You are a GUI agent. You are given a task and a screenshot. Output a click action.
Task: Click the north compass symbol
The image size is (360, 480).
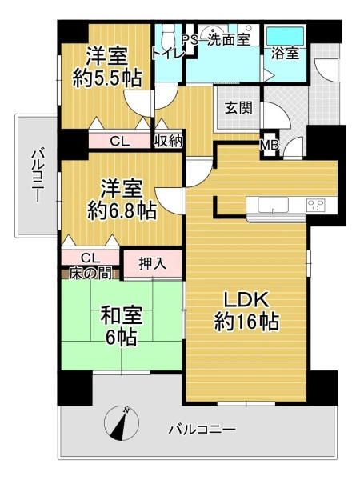pyautogui.click(x=122, y=423)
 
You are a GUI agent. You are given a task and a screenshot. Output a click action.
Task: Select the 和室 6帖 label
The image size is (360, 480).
pyautogui.click(x=122, y=326)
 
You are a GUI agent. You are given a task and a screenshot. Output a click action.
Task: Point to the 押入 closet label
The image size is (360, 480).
pyautogui.click(x=153, y=263)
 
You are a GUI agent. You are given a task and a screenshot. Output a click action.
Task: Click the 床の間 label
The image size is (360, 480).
pyautogui.click(x=90, y=274)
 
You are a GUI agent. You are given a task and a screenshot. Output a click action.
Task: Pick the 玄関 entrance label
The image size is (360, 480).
pyautogui.click(x=238, y=107)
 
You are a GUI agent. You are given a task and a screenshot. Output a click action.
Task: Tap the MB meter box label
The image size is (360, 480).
pyautogui.click(x=270, y=146)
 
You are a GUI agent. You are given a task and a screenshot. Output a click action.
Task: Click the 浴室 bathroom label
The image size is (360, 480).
pyautogui.click(x=285, y=54)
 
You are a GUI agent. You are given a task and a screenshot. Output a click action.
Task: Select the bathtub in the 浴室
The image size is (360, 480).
pyautogui.click(x=285, y=37)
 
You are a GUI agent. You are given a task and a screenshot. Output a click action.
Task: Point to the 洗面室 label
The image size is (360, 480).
pyautogui.click(x=228, y=39)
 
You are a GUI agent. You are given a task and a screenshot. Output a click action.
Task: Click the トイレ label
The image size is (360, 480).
pyautogui.click(x=168, y=54)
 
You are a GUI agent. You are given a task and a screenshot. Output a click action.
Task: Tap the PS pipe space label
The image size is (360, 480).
pyautogui.click(x=190, y=40)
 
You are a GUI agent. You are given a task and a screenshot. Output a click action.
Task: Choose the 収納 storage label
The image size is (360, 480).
pyautogui.click(x=169, y=142)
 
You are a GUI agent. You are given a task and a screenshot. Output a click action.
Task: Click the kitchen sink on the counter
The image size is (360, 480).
pyautogui.click(x=273, y=205)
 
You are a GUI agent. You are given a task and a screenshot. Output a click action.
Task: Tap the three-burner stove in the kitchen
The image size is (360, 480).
pyautogui.click(x=317, y=205)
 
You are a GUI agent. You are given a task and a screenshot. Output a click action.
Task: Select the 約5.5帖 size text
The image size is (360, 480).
pyautogui.click(x=107, y=78)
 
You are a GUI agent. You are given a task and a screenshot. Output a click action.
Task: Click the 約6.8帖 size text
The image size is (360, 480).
pyautogui.click(x=122, y=210)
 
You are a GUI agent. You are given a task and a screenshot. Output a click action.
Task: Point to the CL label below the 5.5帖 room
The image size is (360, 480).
pyautogui.click(x=120, y=142)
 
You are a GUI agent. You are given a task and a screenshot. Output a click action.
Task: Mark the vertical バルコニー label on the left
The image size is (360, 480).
pyautogui.click(x=37, y=175)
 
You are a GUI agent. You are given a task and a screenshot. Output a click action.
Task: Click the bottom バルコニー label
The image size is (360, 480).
pyautogui.click(x=202, y=430)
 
